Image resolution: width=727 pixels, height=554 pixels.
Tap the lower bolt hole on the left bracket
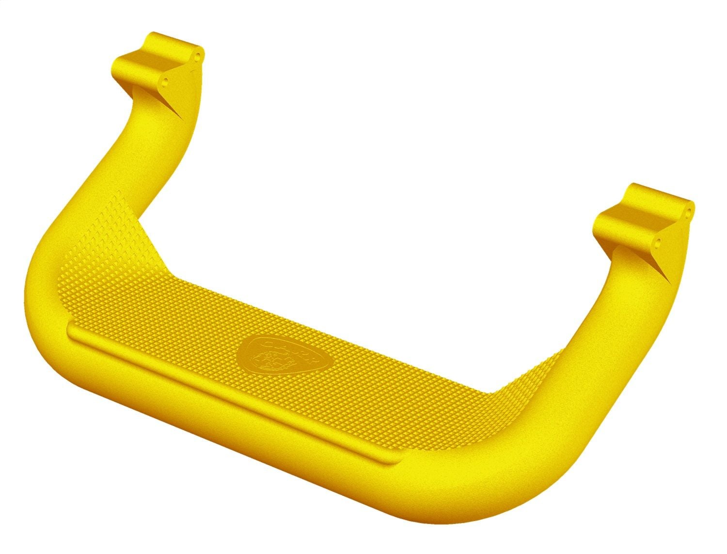point(166,80)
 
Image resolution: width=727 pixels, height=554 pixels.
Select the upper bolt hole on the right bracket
point(688,211)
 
